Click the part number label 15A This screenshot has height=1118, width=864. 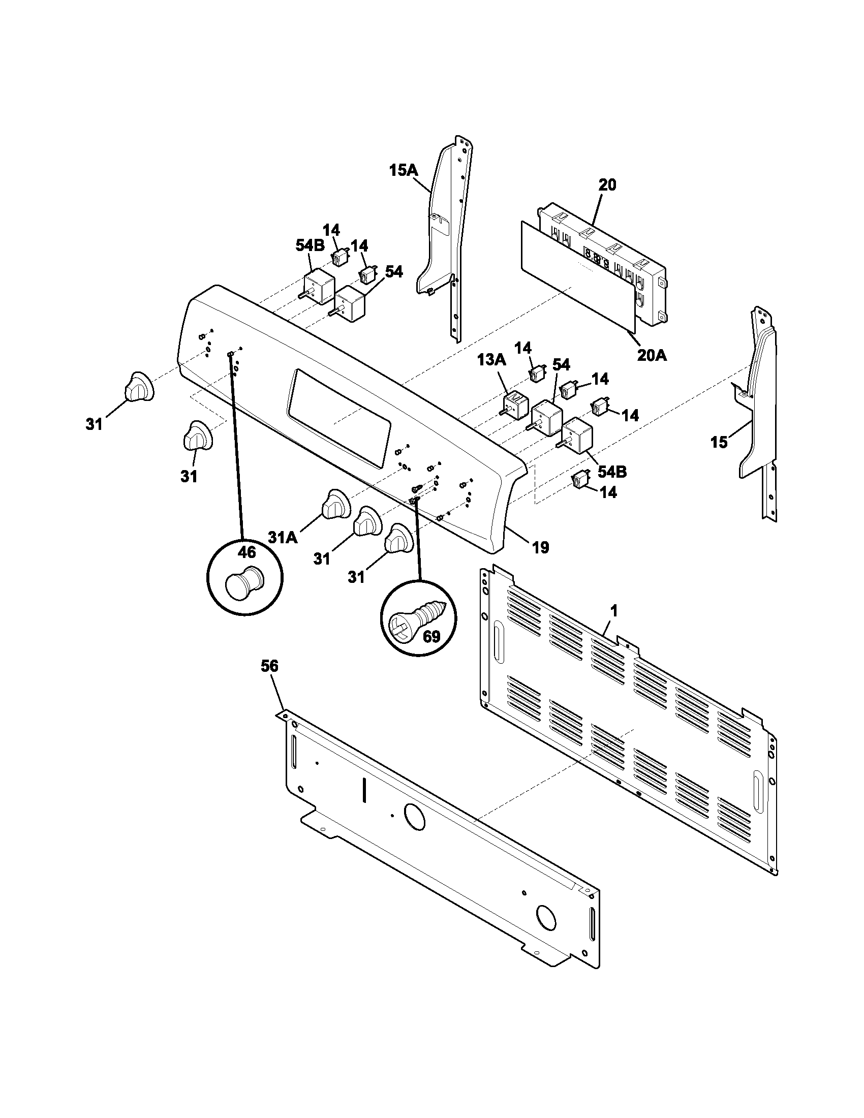point(403,170)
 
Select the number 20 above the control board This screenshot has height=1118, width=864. point(607,185)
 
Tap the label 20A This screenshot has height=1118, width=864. point(652,355)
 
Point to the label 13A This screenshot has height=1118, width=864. point(492,360)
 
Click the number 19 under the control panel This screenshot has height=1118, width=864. point(541,548)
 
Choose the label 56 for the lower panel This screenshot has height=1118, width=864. point(269,666)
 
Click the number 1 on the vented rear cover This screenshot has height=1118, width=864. point(614,611)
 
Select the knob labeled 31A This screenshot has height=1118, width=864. point(335,504)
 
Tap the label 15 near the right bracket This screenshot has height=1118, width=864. point(719,442)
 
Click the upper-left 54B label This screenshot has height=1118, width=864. point(310,246)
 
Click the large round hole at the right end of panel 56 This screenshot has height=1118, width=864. point(546,918)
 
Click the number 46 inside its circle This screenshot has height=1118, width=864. point(246,552)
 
